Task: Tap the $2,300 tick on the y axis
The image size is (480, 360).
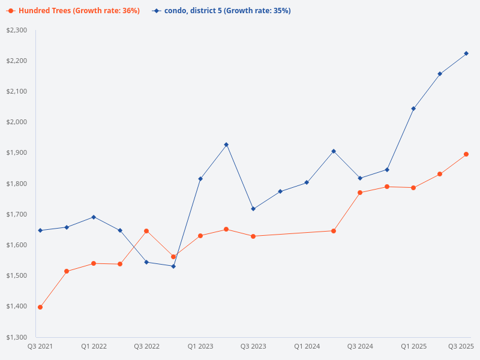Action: tap(17, 30)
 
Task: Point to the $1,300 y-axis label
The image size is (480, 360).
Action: tap(17, 337)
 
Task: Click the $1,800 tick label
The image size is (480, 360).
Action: tap(17, 184)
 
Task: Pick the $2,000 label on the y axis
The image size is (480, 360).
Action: tap(17, 122)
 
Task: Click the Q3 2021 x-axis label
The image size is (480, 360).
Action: tap(40, 346)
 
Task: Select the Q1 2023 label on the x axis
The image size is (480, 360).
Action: tap(200, 346)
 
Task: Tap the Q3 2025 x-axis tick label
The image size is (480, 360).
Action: tap(461, 346)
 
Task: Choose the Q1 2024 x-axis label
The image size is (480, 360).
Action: tap(307, 346)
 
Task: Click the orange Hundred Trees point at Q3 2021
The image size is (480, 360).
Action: tap(40, 307)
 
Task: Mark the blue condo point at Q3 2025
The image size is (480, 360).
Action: tap(466, 53)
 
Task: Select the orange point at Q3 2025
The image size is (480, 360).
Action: tap(466, 154)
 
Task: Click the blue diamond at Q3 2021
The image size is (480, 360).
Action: tap(40, 230)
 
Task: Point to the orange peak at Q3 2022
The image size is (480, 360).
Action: tap(146, 231)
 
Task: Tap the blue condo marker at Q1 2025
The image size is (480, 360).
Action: tap(413, 109)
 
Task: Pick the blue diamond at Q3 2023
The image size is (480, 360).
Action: tap(253, 209)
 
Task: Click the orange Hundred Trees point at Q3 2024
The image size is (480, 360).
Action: tap(360, 193)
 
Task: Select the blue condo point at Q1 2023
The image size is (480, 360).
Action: tap(200, 179)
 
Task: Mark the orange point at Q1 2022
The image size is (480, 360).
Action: tap(94, 263)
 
